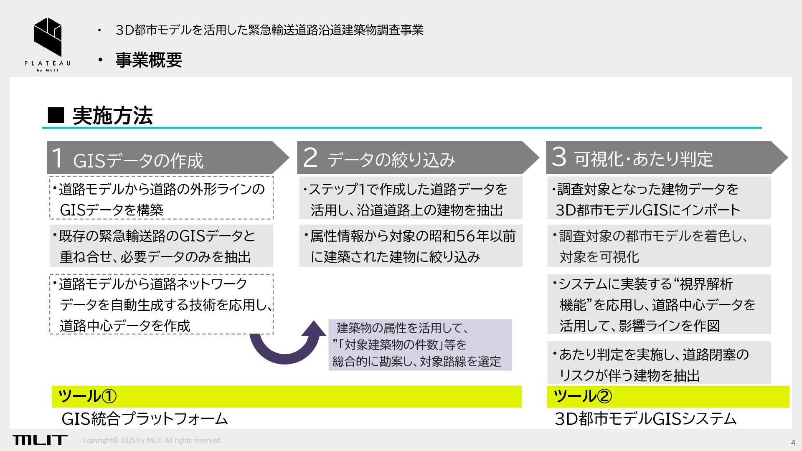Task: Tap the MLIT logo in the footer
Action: pyautogui.click(x=40, y=440)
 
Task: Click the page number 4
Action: pyautogui.click(x=793, y=443)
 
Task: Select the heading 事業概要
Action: pyautogui.click(x=149, y=60)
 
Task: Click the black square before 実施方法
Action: pyautogui.click(x=56, y=115)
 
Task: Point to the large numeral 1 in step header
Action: pyautogui.click(x=57, y=158)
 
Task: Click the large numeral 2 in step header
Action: pyautogui.click(x=310, y=158)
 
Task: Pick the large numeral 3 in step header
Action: pyautogui.click(x=558, y=157)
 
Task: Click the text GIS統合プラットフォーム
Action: pyautogui.click(x=145, y=419)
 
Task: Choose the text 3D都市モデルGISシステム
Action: pyautogui.click(x=645, y=419)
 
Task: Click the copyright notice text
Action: pyautogui.click(x=152, y=440)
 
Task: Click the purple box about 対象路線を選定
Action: pyautogui.click(x=420, y=345)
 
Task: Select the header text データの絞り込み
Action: pyautogui.click(x=391, y=160)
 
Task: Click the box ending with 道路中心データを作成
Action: pyautogui.click(x=161, y=304)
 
